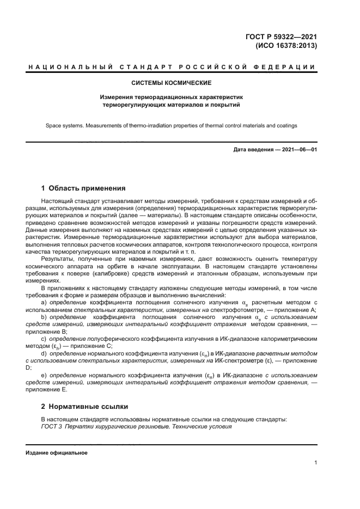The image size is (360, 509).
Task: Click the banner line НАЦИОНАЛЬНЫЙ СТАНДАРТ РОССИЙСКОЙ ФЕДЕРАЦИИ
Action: point(171,67)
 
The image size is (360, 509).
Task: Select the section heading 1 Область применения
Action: point(83,189)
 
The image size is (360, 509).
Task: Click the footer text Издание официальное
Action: point(57,453)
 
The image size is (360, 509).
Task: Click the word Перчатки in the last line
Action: point(78,426)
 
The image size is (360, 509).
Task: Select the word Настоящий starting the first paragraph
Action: point(57,201)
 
